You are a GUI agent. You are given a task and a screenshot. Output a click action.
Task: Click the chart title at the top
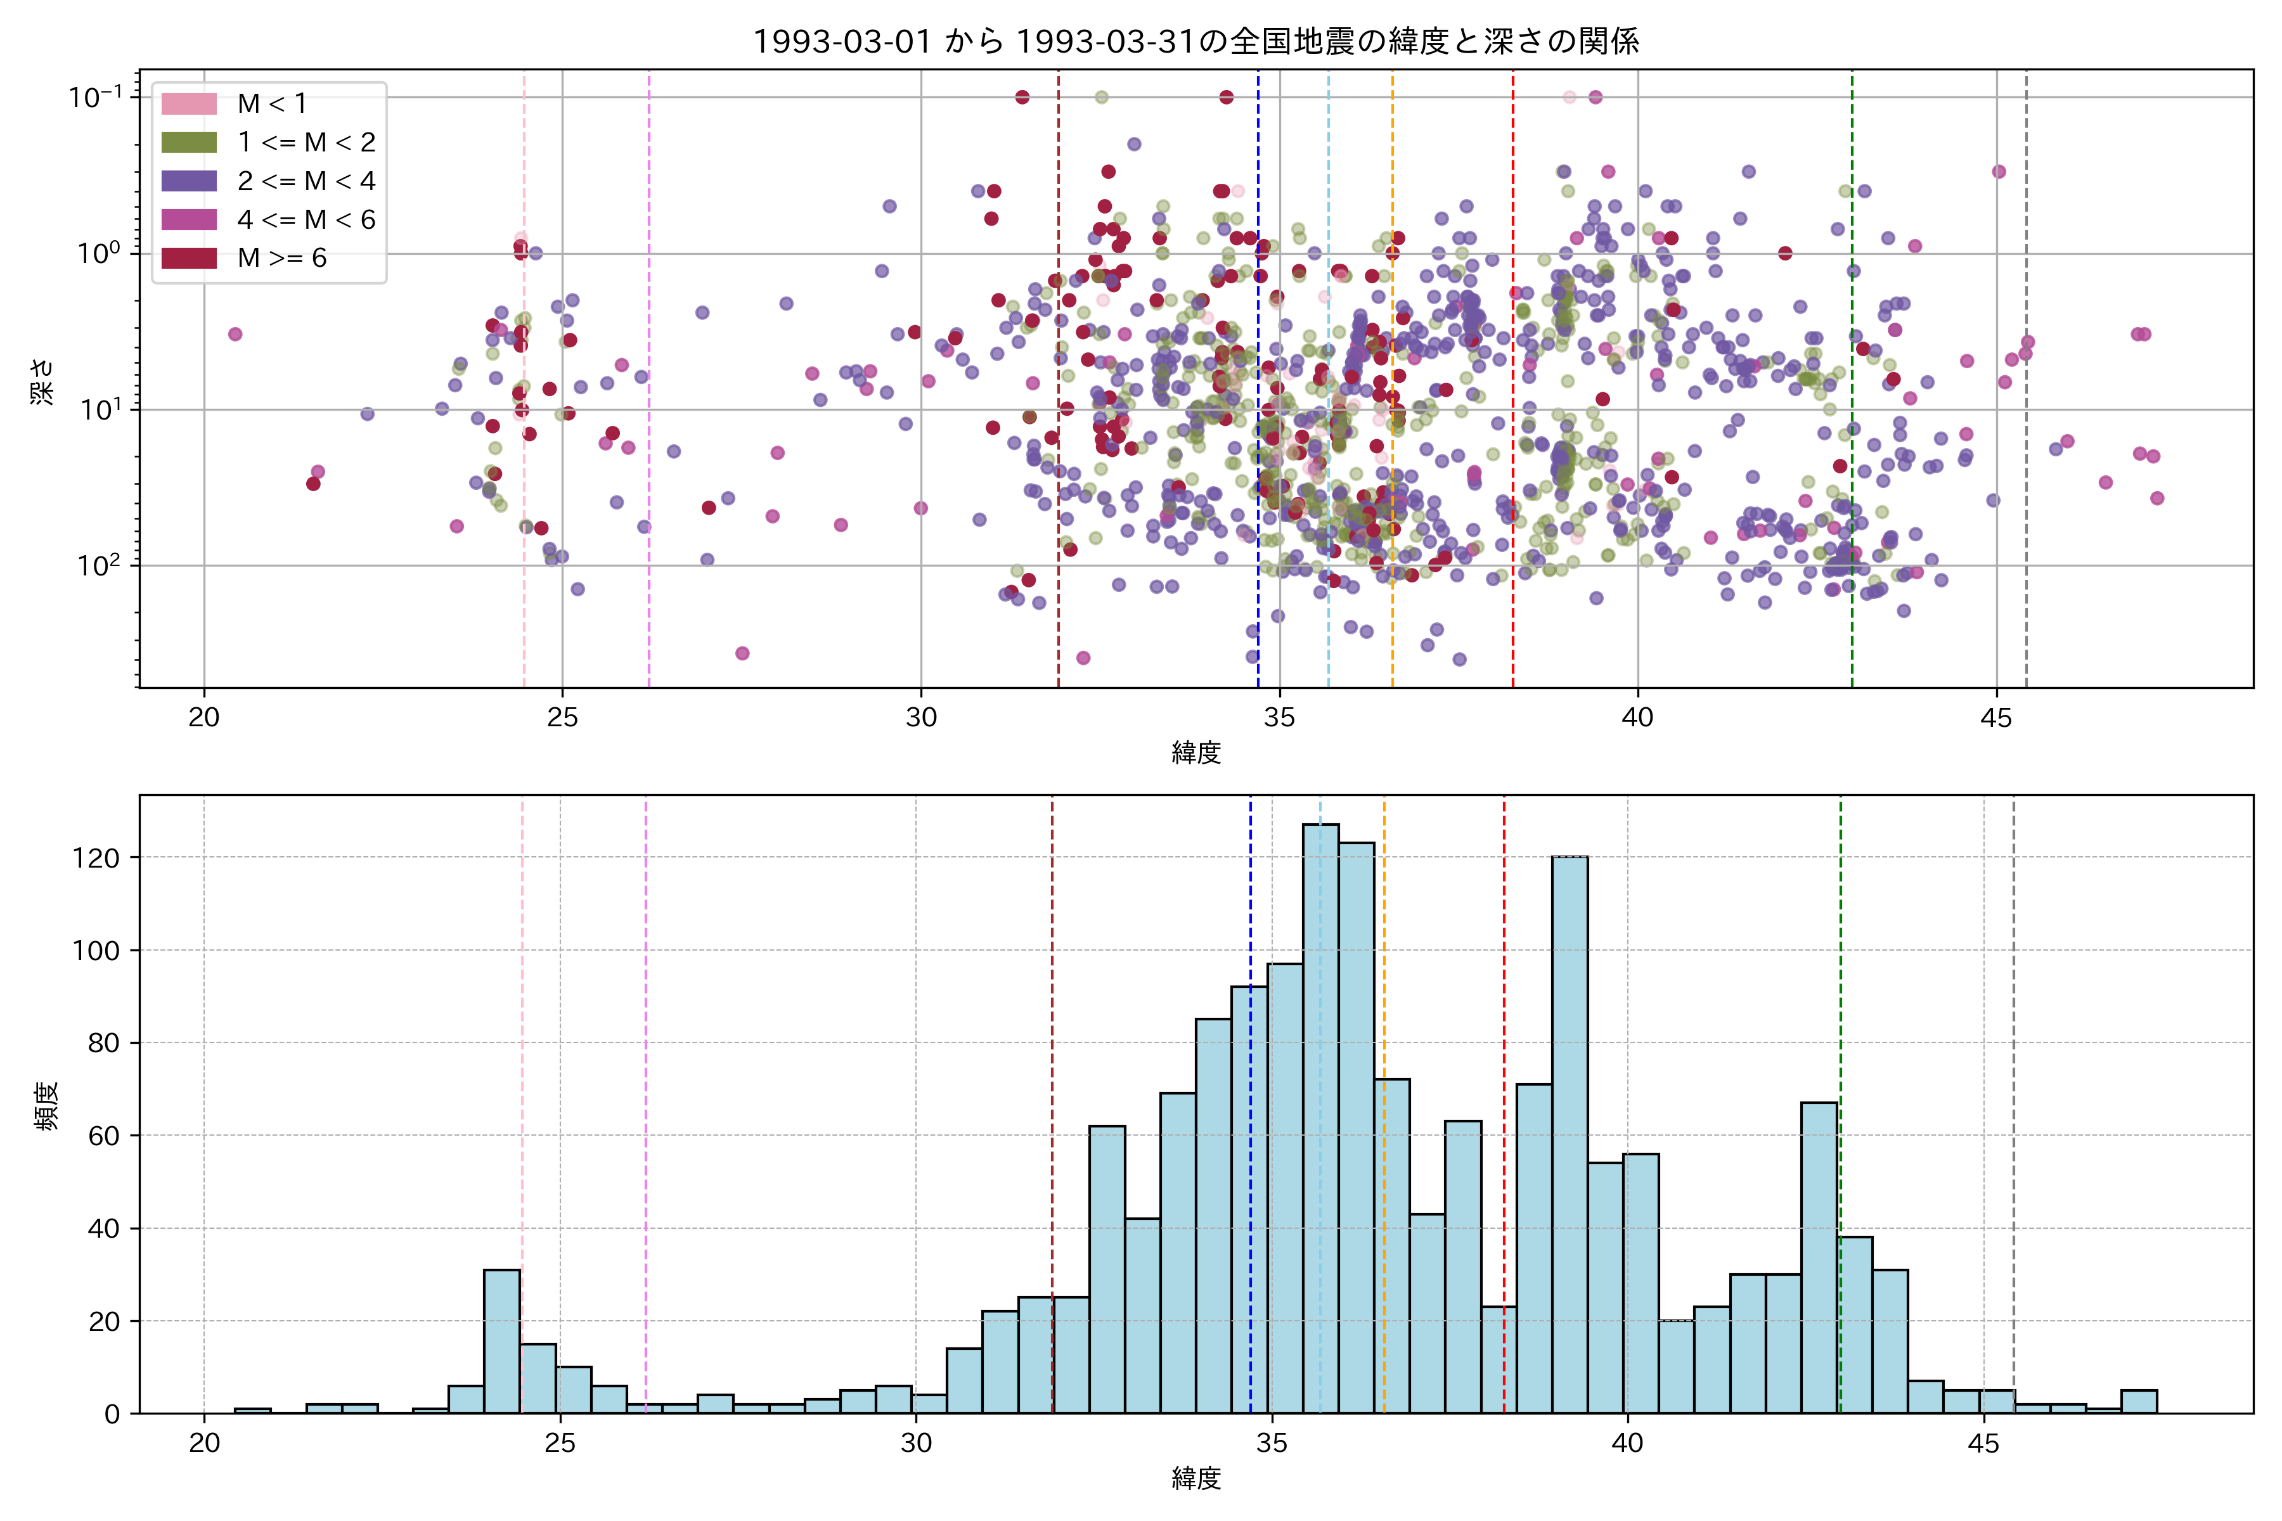[1196, 42]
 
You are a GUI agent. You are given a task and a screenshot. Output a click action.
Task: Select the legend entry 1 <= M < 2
[306, 143]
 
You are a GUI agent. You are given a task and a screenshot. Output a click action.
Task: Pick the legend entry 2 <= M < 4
[306, 181]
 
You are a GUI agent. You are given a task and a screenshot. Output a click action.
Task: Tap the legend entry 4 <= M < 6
[306, 220]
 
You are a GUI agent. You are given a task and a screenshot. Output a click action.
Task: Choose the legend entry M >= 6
[281, 258]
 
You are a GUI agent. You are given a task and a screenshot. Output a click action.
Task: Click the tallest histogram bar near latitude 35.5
[1320, 1115]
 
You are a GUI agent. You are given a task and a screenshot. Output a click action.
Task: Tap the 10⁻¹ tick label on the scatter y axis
[95, 97]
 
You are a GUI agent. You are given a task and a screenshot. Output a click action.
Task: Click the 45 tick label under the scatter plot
[1995, 719]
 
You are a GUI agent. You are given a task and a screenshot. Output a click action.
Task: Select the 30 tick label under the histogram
[916, 1444]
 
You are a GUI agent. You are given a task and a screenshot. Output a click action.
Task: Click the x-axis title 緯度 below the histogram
[1196, 1479]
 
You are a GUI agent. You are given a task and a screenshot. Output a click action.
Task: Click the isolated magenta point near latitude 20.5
[235, 335]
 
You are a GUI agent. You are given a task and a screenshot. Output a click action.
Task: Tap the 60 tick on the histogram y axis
[104, 1136]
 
